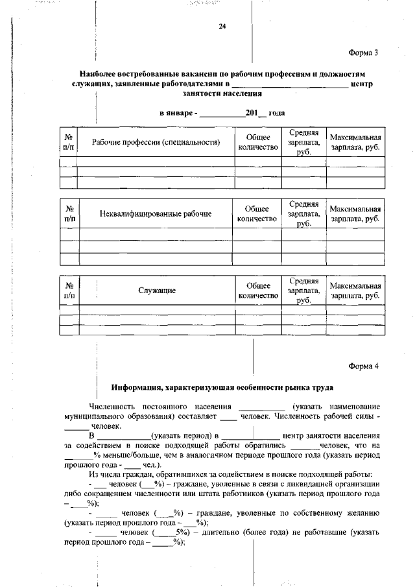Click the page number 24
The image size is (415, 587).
pos(222,27)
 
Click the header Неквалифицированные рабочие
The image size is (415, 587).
pos(156,214)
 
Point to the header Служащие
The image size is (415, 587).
pos(156,291)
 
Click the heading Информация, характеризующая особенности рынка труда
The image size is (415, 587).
pos(222,388)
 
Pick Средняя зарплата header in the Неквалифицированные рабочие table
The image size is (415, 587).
pos(303,213)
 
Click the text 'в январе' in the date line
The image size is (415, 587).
pos(177,113)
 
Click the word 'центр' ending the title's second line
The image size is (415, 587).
pos(361,84)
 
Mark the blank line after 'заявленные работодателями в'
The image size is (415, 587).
pos(290,84)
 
